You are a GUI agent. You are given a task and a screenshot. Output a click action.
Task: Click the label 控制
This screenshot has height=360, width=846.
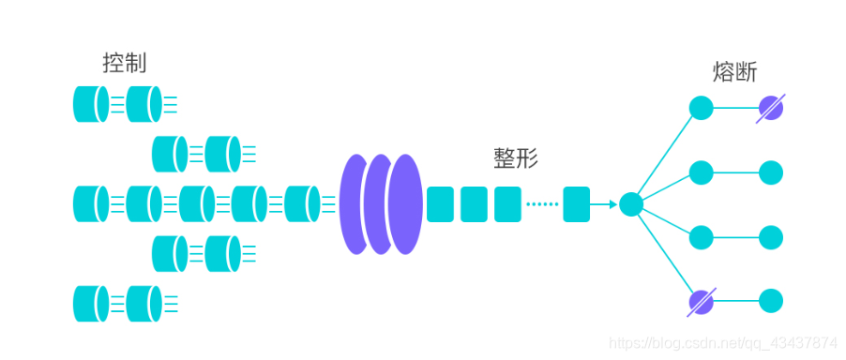(125, 64)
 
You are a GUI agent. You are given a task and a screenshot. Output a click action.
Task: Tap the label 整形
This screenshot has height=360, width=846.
(516, 158)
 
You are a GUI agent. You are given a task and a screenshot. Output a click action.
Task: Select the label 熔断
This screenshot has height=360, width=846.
(734, 72)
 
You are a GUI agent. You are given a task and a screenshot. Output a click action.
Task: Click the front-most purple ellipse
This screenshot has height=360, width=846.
(406, 203)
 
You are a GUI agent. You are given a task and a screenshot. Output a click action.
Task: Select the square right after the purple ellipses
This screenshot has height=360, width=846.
(440, 203)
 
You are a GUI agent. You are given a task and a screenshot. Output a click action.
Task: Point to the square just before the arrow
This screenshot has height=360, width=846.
(576, 203)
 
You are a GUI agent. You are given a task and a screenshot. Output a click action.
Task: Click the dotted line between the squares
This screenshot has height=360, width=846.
(541, 203)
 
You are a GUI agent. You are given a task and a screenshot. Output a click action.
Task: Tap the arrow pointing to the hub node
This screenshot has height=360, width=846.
(604, 203)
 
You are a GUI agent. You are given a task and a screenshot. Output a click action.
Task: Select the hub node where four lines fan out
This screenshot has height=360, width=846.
(631, 203)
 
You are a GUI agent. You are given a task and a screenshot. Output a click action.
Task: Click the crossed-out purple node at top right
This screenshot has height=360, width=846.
(771, 108)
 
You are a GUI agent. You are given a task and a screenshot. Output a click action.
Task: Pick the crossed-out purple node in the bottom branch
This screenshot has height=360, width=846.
(701, 301)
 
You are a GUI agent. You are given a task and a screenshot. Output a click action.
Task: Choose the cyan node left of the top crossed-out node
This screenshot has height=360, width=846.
(701, 108)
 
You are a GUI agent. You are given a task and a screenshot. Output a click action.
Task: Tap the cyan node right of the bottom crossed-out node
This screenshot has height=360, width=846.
(771, 301)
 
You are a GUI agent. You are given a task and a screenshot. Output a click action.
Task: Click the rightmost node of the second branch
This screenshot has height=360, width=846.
(771, 172)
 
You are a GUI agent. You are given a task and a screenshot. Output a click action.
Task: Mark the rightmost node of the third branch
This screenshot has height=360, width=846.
(771, 236)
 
